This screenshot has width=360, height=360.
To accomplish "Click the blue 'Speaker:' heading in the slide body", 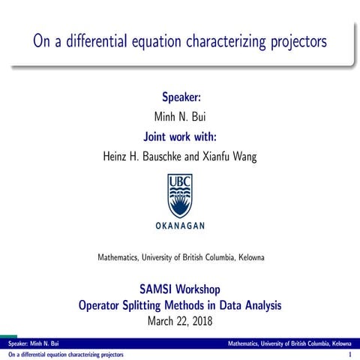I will pyautogui.click(x=180, y=98).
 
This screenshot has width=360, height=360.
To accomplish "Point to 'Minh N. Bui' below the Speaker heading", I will pyautogui.click(x=180, y=118).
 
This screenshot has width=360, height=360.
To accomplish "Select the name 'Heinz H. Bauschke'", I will pyautogui.click(x=142, y=157).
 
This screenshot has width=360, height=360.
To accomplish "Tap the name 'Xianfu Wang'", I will pyautogui.click(x=234, y=157).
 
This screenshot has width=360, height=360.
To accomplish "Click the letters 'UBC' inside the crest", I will pyautogui.click(x=180, y=182).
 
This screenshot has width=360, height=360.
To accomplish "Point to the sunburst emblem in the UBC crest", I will pyautogui.click(x=180, y=202).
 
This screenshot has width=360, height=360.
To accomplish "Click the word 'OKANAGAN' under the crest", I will pyautogui.click(x=180, y=226).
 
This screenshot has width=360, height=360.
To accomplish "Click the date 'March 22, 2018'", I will pyautogui.click(x=180, y=321).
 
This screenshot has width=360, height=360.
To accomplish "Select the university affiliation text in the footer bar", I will pyautogui.click(x=292, y=343).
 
